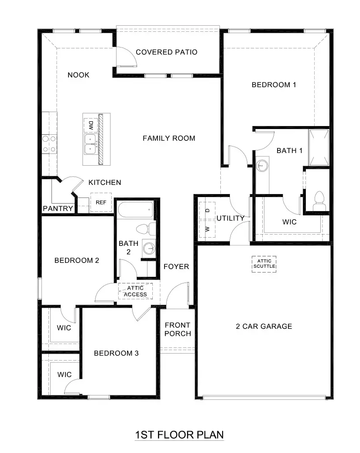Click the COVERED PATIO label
click(x=166, y=52)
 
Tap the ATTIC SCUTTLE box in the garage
click(x=264, y=263)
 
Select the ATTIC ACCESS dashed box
click(x=135, y=291)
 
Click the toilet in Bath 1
click(x=319, y=199)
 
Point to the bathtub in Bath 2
click(x=136, y=211)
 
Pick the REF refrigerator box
click(x=101, y=203)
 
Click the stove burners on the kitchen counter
click(x=49, y=144)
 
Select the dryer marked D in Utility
click(x=207, y=210)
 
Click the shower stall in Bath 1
click(x=318, y=148)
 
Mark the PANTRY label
click(x=58, y=209)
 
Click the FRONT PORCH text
click(x=178, y=330)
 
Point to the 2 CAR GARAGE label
click(x=264, y=326)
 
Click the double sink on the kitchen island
click(x=90, y=144)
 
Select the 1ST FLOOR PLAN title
click(x=179, y=435)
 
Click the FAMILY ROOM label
click(x=169, y=138)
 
